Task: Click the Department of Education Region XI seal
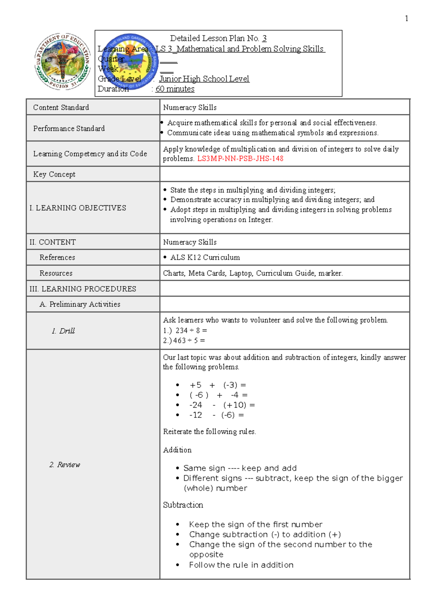tap(63, 62)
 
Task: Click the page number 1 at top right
tap(406, 18)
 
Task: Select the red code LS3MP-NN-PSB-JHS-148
tap(240, 158)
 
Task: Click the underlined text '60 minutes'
tap(175, 89)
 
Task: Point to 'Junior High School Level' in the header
tap(204, 79)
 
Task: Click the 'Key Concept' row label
tap(54, 174)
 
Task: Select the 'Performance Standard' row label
tap(69, 128)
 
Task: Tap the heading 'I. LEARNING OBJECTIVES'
tap(78, 208)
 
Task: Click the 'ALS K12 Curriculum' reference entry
tap(205, 257)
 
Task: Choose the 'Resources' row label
tap(56, 273)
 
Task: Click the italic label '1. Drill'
tap(63, 331)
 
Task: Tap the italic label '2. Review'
tap(65, 465)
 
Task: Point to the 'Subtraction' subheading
tap(183, 505)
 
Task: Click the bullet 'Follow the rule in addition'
tap(241, 565)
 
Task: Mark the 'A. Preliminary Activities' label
tap(80, 304)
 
